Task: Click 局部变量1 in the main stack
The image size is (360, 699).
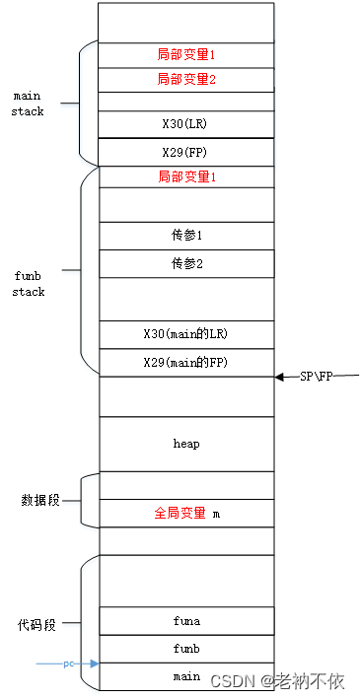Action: [x=186, y=55]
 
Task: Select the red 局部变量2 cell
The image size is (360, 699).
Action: [x=186, y=80]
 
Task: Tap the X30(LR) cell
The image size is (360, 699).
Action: [x=186, y=124]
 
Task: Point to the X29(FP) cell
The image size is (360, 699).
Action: [x=186, y=152]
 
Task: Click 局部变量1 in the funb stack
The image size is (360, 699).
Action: [x=187, y=177]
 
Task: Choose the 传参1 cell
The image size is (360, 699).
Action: [x=186, y=236]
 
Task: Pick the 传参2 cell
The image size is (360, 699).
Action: [x=186, y=263]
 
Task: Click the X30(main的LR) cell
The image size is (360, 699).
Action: [x=186, y=334]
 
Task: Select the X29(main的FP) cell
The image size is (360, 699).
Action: [x=186, y=363]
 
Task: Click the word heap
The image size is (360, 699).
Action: [x=186, y=444]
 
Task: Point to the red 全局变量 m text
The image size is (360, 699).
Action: [x=187, y=513]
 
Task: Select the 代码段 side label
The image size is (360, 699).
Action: [x=37, y=625]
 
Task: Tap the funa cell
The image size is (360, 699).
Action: [x=186, y=620]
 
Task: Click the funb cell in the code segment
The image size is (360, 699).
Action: [x=186, y=649]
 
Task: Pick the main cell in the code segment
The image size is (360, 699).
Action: [x=186, y=676]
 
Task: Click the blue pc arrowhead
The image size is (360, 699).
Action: [x=94, y=664]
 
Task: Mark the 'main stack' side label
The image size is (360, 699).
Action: [x=28, y=104]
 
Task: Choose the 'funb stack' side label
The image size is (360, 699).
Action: [x=29, y=284]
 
